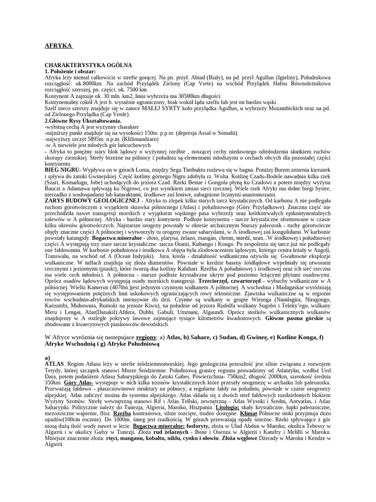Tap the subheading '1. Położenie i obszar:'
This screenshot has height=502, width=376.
pos(70,72)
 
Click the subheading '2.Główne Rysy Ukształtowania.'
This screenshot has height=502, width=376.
pos(83,121)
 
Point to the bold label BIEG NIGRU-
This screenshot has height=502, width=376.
pos(63,170)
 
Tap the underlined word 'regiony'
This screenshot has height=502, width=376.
pos(146,338)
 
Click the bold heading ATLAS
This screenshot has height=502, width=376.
pos(53,365)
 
